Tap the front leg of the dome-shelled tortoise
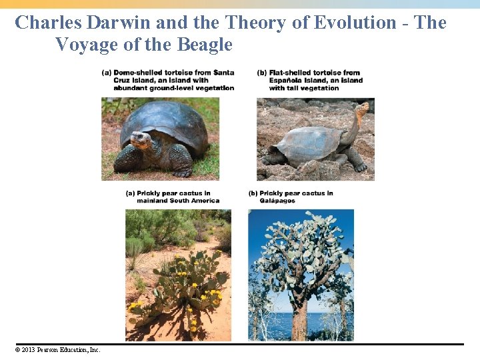point(127,160)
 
